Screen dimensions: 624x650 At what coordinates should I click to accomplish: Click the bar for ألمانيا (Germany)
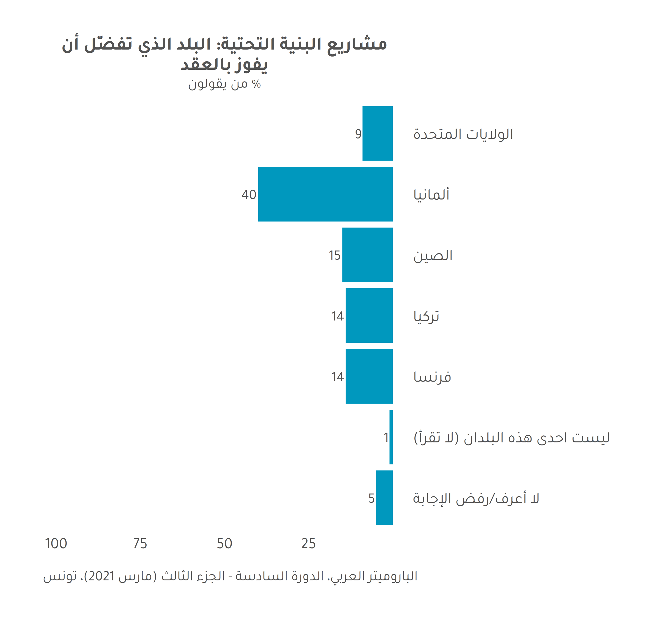(x=325, y=194)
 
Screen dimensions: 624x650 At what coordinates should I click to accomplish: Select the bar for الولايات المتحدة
(x=377, y=133)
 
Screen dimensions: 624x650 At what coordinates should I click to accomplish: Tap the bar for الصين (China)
(x=367, y=255)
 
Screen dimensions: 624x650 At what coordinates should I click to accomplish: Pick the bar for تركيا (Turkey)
(x=369, y=315)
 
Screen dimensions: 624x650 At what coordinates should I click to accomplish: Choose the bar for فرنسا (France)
(x=369, y=376)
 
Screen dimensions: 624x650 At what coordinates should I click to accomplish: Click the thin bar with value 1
(x=391, y=437)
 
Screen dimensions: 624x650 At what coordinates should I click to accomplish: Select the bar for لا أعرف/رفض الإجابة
(x=384, y=497)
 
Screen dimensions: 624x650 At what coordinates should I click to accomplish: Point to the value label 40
(x=249, y=195)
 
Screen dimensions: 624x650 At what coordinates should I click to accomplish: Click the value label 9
(x=358, y=134)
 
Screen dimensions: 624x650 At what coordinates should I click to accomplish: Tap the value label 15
(x=334, y=255)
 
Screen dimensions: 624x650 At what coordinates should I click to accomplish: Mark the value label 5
(x=371, y=498)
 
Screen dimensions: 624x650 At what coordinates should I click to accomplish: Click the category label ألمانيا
(x=431, y=195)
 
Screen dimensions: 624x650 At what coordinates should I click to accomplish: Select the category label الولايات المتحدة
(x=463, y=134)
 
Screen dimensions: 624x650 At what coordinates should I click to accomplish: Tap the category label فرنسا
(x=432, y=377)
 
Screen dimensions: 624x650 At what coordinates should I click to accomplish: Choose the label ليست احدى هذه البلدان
(x=512, y=438)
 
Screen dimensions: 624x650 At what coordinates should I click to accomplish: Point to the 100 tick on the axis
(x=56, y=544)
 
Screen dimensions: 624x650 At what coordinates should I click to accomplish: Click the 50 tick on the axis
(x=224, y=544)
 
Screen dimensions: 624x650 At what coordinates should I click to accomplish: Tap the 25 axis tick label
(x=308, y=544)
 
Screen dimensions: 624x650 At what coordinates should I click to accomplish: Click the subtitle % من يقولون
(x=224, y=84)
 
